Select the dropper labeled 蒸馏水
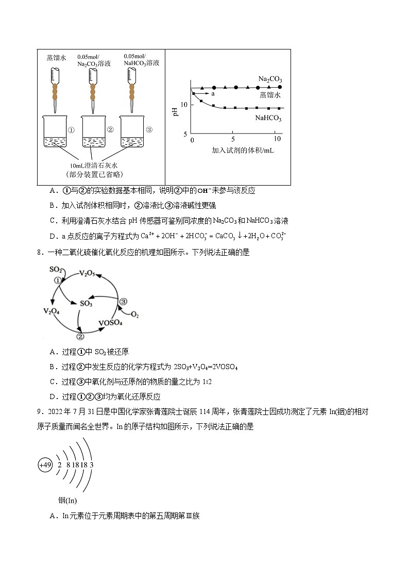click(55, 90)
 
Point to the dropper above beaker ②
click(93, 91)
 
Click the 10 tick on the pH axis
click(185, 105)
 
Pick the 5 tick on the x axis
click(233, 140)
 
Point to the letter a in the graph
click(212, 94)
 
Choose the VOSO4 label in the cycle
click(111, 323)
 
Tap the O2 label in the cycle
click(134, 314)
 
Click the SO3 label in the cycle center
click(86, 304)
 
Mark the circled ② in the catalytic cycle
click(80, 337)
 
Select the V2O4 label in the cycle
click(53, 311)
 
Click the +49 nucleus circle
click(45, 465)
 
